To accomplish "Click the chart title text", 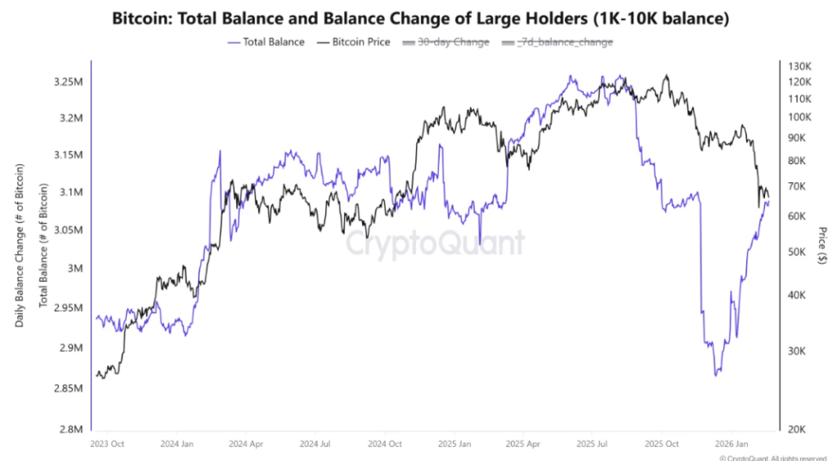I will click(x=418, y=16).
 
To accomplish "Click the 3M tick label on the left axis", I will click(x=74, y=268).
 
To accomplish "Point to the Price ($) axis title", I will click(x=821, y=246).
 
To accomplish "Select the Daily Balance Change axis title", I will click(x=18, y=245).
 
